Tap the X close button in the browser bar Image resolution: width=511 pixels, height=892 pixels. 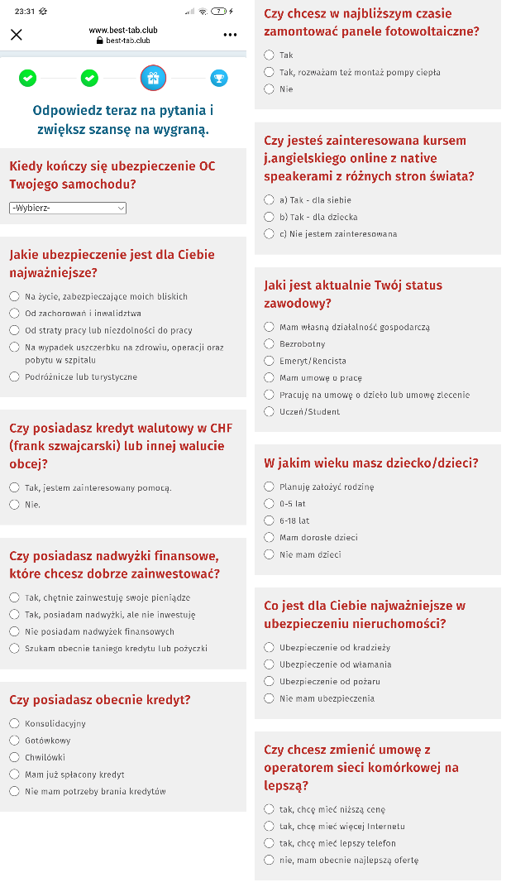(x=17, y=35)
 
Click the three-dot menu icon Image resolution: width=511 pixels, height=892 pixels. (x=230, y=35)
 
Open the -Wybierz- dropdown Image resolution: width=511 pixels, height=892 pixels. (x=68, y=208)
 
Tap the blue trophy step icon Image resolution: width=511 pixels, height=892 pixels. (x=219, y=78)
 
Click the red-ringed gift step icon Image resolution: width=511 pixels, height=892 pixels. (x=153, y=78)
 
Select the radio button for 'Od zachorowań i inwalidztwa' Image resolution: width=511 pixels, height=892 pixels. (x=14, y=314)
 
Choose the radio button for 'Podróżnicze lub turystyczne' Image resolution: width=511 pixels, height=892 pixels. (x=14, y=376)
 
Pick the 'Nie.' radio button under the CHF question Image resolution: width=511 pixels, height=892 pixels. (x=14, y=504)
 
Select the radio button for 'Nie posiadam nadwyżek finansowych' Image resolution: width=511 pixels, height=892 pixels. (x=14, y=631)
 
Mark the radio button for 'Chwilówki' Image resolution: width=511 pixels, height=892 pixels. (x=14, y=757)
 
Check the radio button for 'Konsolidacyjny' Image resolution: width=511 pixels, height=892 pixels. (x=14, y=723)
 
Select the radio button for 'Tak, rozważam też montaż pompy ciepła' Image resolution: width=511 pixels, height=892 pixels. (x=269, y=72)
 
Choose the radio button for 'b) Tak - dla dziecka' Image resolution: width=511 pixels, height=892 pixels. (x=269, y=217)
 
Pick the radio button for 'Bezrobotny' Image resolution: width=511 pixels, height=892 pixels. (x=269, y=343)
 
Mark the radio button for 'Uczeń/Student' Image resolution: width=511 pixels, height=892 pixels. (x=269, y=411)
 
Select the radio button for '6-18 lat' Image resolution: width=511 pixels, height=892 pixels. (x=269, y=520)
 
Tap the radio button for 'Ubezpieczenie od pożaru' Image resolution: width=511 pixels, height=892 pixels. (x=269, y=681)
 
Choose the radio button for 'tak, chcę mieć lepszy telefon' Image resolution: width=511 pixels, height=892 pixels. (x=269, y=843)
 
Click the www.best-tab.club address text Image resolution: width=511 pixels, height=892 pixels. (x=123, y=30)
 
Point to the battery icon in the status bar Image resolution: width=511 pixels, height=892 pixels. (x=218, y=11)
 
